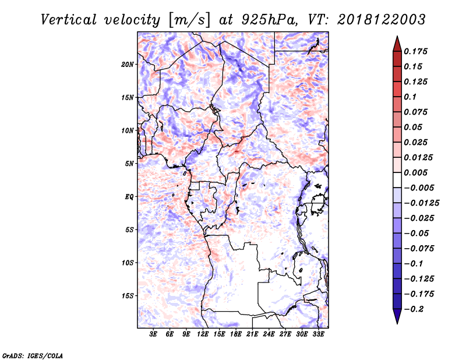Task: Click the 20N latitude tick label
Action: (128, 65)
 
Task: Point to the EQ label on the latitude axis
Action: (129, 197)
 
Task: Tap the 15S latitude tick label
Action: (128, 296)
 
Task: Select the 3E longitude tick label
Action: (153, 334)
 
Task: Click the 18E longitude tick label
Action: (236, 334)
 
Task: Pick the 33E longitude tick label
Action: (318, 334)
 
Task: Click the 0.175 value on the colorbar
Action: (415, 51)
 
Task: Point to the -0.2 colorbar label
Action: (414, 309)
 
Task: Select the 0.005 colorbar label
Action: (415, 172)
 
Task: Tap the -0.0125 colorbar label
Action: (422, 203)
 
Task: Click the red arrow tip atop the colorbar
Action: (397, 37)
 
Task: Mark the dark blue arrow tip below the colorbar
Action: (397, 323)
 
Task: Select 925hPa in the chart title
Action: (269, 20)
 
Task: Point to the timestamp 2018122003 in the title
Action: (382, 20)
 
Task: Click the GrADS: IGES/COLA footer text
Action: (33, 355)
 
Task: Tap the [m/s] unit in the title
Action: (189, 20)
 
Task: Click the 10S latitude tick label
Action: (128, 263)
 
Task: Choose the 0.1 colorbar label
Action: (410, 97)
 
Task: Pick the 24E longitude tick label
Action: (269, 334)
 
